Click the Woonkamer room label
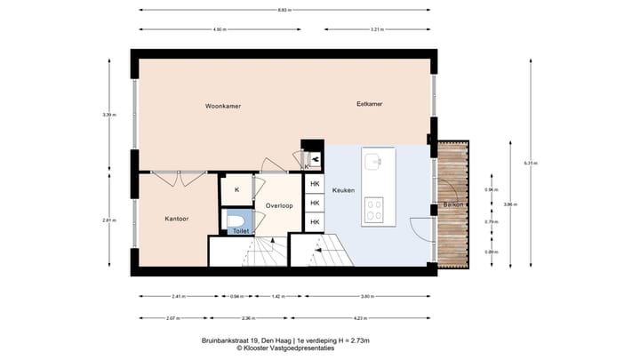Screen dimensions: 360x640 tap(223, 106)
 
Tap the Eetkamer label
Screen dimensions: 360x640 tap(369, 105)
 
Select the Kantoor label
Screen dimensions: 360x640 tap(177, 218)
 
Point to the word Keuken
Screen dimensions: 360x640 tap(343, 190)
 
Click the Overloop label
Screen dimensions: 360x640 tap(279, 205)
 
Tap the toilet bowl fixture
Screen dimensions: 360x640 tap(237, 220)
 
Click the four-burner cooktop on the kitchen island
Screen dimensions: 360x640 tap(374, 212)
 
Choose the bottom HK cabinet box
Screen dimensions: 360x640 tap(315, 222)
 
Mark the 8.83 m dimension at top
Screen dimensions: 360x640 tap(285, 10)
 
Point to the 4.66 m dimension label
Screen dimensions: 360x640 tap(218, 29)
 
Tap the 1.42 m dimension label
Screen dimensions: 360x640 tap(276, 297)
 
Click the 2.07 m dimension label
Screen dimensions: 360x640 tap(172, 317)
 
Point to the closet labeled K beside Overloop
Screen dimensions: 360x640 tap(236, 190)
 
